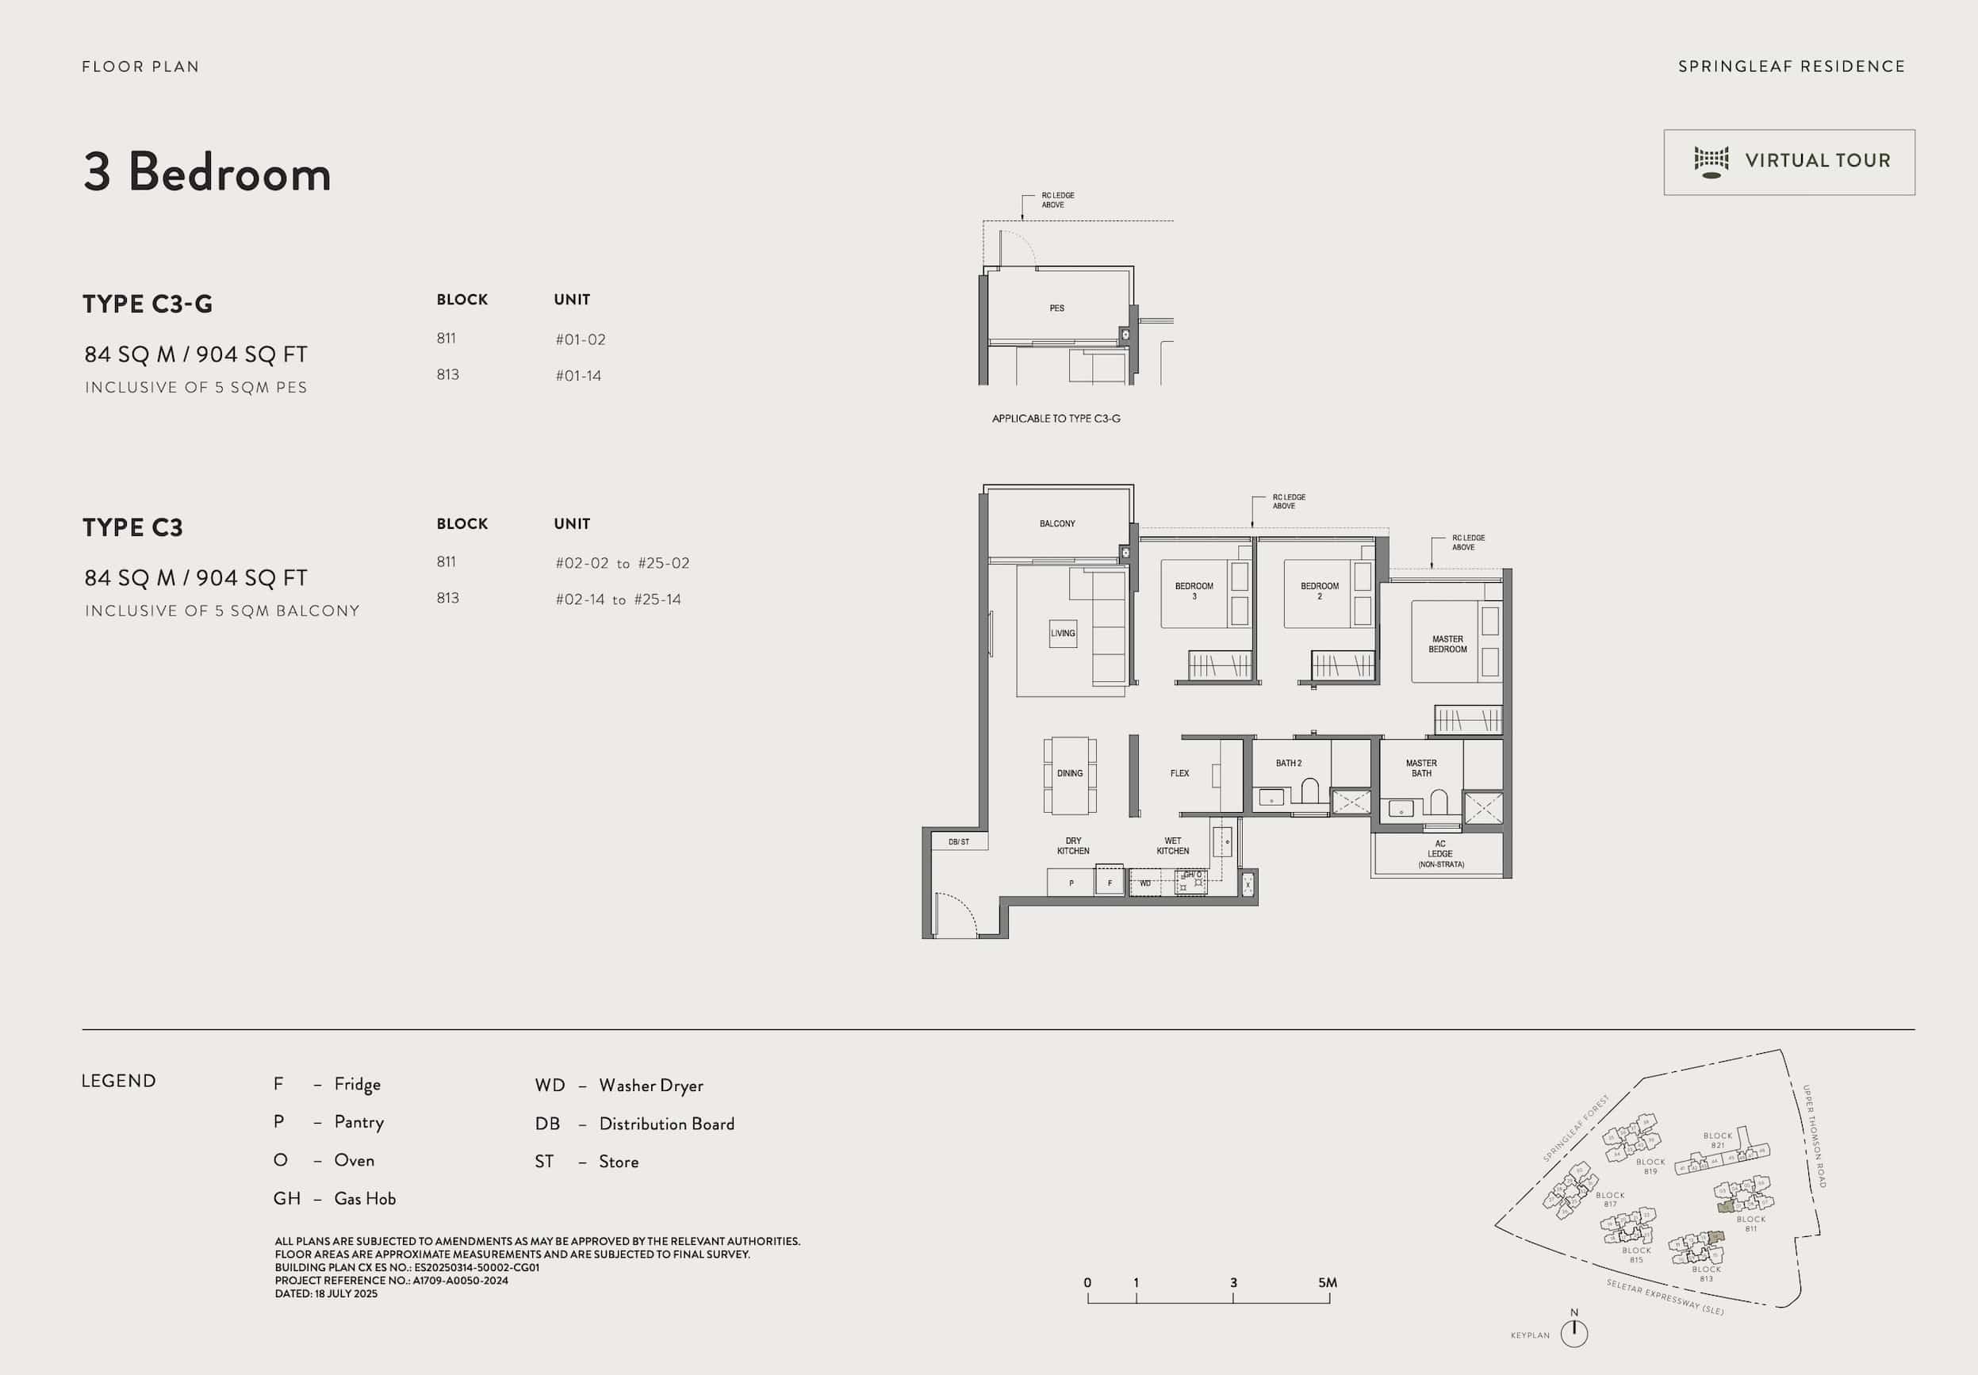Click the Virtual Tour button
point(1788,162)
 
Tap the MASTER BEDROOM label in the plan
point(1447,645)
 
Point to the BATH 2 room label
point(1288,764)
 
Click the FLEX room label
point(1179,774)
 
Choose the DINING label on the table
point(1069,774)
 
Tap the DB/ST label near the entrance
point(958,841)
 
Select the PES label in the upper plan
point(1056,308)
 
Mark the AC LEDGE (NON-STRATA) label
point(1439,854)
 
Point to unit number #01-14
point(578,376)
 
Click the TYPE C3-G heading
point(148,304)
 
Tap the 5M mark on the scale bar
point(1328,1283)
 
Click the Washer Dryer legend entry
point(619,1086)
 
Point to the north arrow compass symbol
point(1574,1332)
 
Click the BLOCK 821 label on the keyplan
point(1717,1139)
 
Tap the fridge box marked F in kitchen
point(1110,883)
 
